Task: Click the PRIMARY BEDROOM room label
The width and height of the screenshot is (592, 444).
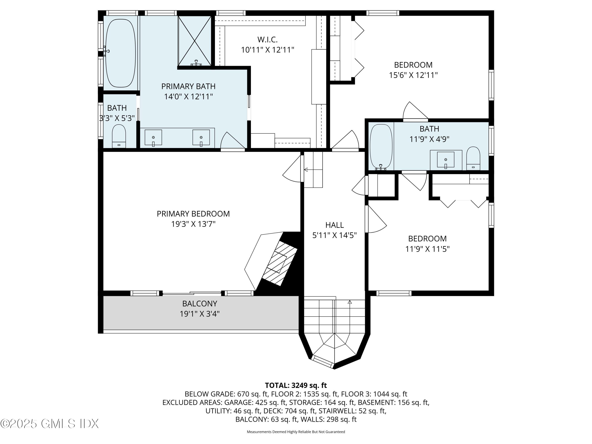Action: point(193,214)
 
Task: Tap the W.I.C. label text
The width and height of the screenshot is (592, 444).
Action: point(267,40)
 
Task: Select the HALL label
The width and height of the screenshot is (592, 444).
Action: point(334,225)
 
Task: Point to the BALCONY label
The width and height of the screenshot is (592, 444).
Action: point(200,303)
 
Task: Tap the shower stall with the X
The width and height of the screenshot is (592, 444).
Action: point(195,41)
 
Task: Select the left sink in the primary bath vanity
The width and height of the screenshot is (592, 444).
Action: point(153,138)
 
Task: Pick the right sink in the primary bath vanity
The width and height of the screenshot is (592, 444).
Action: point(201,138)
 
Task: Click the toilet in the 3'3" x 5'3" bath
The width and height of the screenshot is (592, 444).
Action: point(119,136)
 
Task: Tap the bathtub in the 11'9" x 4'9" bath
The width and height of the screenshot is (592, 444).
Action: point(381,147)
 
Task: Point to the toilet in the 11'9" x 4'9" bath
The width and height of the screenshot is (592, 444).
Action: point(473,158)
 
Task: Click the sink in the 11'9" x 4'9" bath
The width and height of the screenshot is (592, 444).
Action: point(446,160)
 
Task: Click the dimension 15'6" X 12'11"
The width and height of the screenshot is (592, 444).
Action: point(413,75)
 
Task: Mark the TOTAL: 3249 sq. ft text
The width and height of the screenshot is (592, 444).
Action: point(296,385)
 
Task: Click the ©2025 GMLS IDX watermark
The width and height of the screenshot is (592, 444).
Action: point(50,424)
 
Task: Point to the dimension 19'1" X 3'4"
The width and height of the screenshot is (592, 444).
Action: point(200,314)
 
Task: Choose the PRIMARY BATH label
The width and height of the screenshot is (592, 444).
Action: point(188,86)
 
